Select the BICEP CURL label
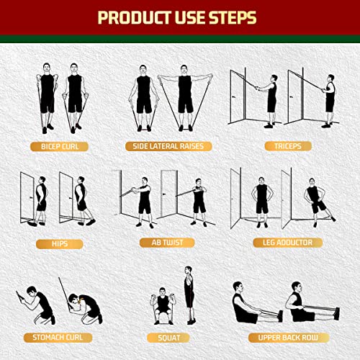pos(59,146)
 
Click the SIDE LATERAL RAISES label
pos(168,146)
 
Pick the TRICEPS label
pos(283,146)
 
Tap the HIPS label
pos(58,243)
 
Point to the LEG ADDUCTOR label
pos(283,243)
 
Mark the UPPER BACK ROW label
pos(283,337)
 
